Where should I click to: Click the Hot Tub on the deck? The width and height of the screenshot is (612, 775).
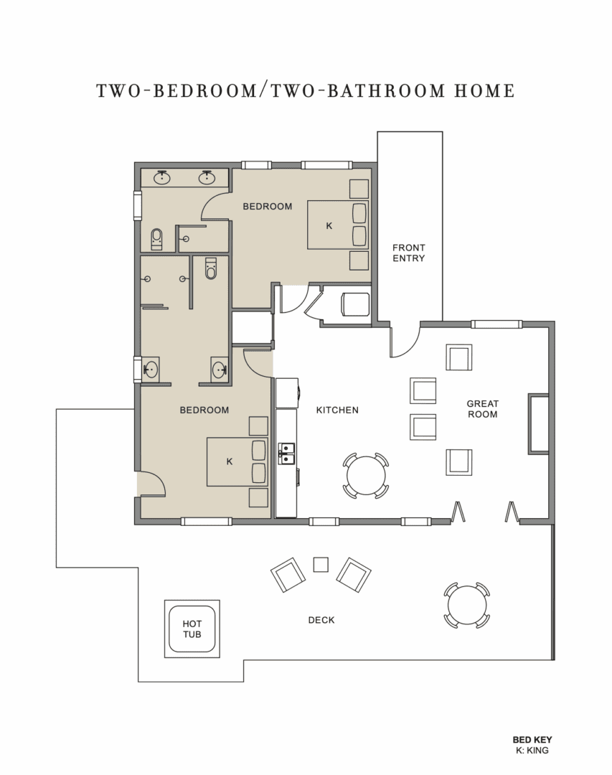192,629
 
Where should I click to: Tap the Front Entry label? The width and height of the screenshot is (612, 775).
408,253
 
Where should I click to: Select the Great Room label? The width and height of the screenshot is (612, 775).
482,409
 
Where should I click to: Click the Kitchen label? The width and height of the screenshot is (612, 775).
337,410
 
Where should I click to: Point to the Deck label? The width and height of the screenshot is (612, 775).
321,620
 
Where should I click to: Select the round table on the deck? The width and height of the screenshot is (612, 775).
466,605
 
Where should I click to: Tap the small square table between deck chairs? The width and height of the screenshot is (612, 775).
321,565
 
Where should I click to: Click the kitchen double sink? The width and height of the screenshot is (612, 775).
286,454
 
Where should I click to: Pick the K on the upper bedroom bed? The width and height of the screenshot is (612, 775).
329,226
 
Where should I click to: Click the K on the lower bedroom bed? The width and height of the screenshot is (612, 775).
229,461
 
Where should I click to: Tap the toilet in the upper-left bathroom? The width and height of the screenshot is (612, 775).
156,239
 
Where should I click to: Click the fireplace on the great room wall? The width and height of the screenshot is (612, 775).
538,423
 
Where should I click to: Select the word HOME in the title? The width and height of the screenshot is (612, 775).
484,91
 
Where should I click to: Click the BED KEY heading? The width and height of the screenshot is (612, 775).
532,739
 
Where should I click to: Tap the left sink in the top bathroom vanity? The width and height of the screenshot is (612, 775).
161,177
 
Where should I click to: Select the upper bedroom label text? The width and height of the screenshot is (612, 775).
267,206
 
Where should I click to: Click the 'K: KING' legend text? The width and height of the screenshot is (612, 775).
532,750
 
